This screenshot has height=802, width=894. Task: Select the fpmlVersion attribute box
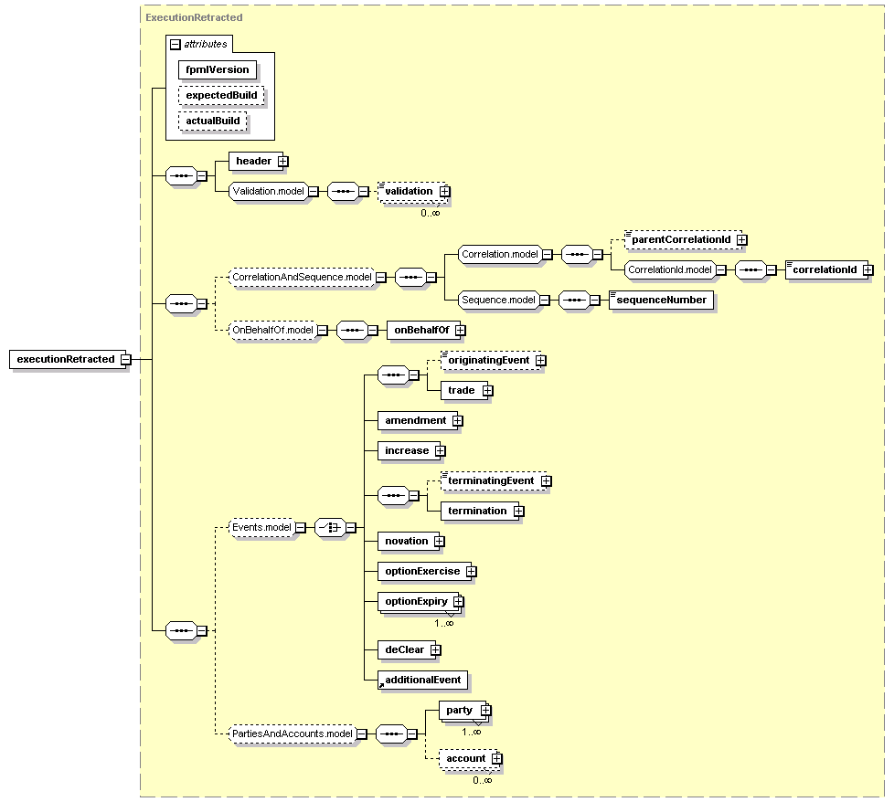(218, 70)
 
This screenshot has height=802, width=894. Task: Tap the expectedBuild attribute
(221, 95)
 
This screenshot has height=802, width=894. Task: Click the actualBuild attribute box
(213, 121)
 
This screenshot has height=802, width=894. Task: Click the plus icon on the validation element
(445, 192)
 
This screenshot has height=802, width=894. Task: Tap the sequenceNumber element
(662, 301)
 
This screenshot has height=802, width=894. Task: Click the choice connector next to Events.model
(331, 527)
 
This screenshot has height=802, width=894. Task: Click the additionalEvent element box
(423, 681)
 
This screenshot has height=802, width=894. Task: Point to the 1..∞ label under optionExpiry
(444, 623)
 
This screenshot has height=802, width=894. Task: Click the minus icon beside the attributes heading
(176, 45)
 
